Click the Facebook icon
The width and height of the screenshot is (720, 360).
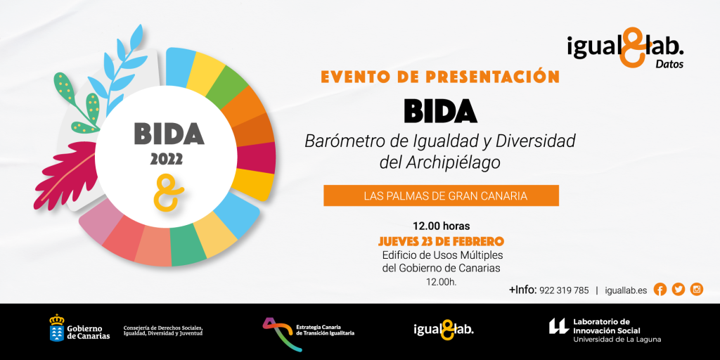coord(660,289)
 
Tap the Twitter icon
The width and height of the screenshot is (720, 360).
coord(678,289)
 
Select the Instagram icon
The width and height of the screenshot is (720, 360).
coord(696,289)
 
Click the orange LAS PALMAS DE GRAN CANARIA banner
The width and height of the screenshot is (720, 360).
coord(441,195)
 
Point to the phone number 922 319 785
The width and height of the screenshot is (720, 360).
coord(564,290)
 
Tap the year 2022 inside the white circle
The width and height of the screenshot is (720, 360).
coord(166,159)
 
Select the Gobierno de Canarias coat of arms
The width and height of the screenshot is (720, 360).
coord(56,328)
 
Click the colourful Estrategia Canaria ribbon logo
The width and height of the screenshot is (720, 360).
coord(276,330)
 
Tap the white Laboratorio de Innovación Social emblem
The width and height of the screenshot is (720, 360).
coord(558,326)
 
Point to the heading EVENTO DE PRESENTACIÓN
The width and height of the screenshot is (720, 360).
coord(440,77)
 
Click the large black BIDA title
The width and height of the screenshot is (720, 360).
coord(440,110)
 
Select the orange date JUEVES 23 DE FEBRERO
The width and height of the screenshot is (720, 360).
coord(441,241)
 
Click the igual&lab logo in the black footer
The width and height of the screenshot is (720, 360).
coord(443,329)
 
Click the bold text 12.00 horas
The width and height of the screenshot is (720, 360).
coord(441,226)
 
